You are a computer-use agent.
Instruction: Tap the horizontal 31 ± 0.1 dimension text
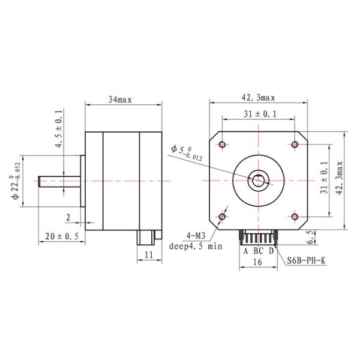[x=259, y=114]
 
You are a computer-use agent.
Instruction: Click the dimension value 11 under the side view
[x=148, y=256]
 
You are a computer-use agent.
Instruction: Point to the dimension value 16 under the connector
[x=257, y=262]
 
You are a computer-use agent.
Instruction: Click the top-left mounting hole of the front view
[x=223, y=144]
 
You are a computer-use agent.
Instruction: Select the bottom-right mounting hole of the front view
[x=296, y=217]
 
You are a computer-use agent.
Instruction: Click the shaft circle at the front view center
[x=259, y=179]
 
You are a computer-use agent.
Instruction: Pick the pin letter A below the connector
[x=245, y=250]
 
